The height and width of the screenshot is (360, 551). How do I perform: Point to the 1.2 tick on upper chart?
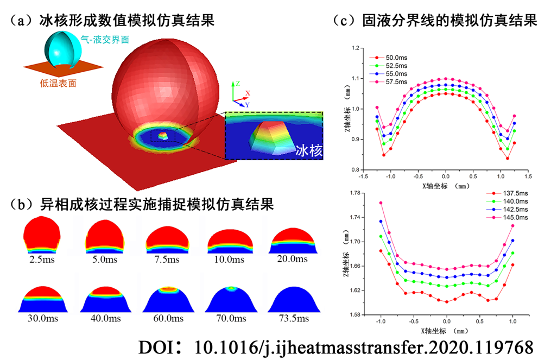point(356,48)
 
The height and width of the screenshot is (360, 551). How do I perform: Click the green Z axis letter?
point(237,84)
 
